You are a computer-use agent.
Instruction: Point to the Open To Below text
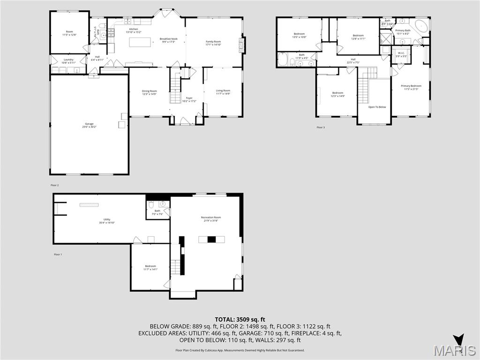click(x=377, y=107)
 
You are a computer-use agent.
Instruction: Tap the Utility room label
click(x=107, y=221)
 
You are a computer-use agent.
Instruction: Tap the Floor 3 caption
click(x=321, y=127)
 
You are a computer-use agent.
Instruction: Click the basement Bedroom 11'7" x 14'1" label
click(x=150, y=267)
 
